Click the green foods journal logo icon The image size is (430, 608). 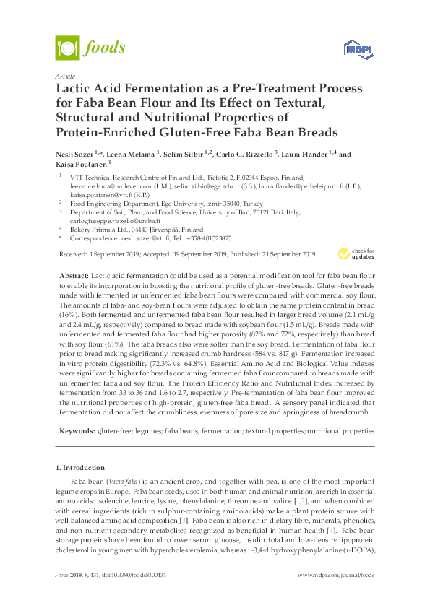click(67, 48)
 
